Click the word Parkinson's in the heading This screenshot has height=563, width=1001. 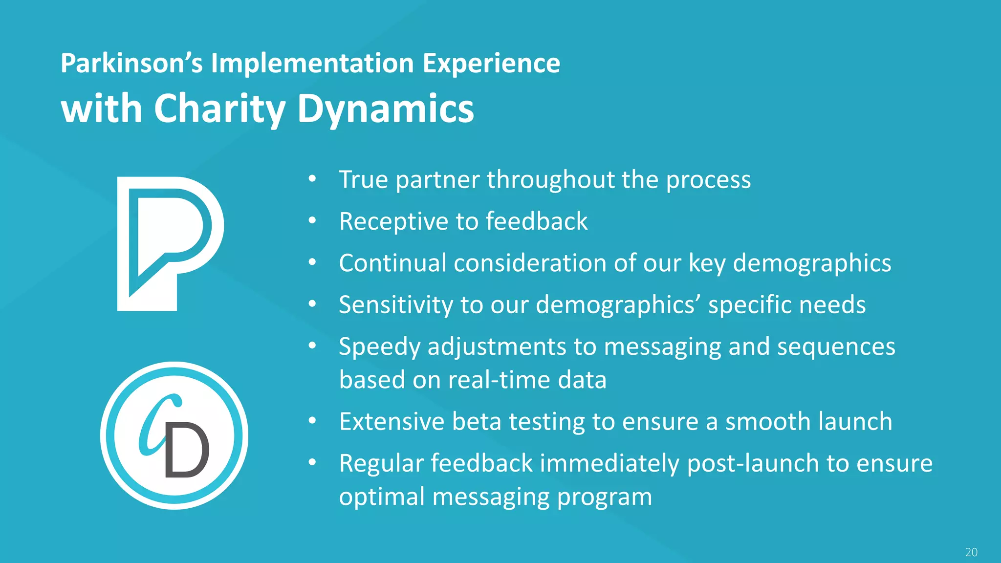click(131, 64)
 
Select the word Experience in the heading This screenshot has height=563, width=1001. click(491, 64)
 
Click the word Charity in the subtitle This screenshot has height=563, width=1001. click(219, 109)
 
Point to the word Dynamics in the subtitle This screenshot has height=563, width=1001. click(386, 109)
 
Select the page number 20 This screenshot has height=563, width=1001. click(971, 552)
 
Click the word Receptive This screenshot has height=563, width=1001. click(394, 221)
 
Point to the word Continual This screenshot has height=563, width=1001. click(392, 263)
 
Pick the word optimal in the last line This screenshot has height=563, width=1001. click(382, 497)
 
